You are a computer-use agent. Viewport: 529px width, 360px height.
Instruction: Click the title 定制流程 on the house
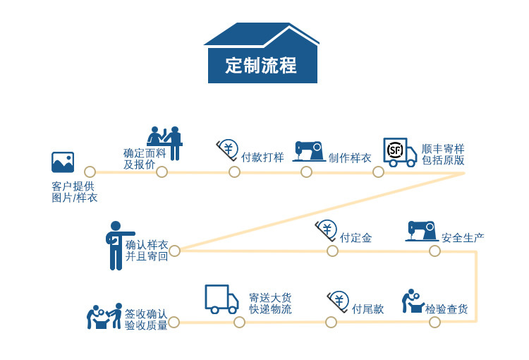(x=262, y=66)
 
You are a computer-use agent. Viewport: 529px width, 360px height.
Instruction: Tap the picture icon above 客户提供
(x=63, y=162)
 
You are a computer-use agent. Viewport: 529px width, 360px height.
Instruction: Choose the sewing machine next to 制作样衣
(x=308, y=151)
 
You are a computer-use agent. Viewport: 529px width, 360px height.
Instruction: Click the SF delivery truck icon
(x=399, y=152)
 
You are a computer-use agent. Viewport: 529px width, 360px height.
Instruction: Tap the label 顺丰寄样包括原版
(x=443, y=155)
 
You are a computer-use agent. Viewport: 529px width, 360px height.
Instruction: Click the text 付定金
(x=355, y=238)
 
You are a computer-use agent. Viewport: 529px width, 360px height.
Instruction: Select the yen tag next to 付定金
(x=326, y=230)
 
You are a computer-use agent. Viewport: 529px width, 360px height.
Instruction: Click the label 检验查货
(x=446, y=309)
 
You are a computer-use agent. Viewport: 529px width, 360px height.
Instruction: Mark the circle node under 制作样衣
(x=306, y=172)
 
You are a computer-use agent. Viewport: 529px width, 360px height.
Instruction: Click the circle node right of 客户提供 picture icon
(x=90, y=172)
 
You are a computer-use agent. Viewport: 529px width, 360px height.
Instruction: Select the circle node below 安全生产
(x=434, y=251)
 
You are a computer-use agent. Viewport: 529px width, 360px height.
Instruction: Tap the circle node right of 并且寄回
(x=175, y=251)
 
